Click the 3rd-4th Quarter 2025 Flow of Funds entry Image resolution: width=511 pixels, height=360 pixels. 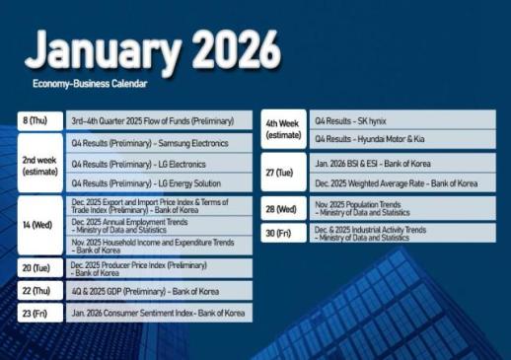click(x=152, y=121)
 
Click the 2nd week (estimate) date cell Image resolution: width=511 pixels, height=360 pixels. click(x=38, y=164)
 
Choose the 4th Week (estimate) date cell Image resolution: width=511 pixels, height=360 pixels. click(x=283, y=128)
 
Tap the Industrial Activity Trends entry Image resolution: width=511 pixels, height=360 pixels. click(x=370, y=234)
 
